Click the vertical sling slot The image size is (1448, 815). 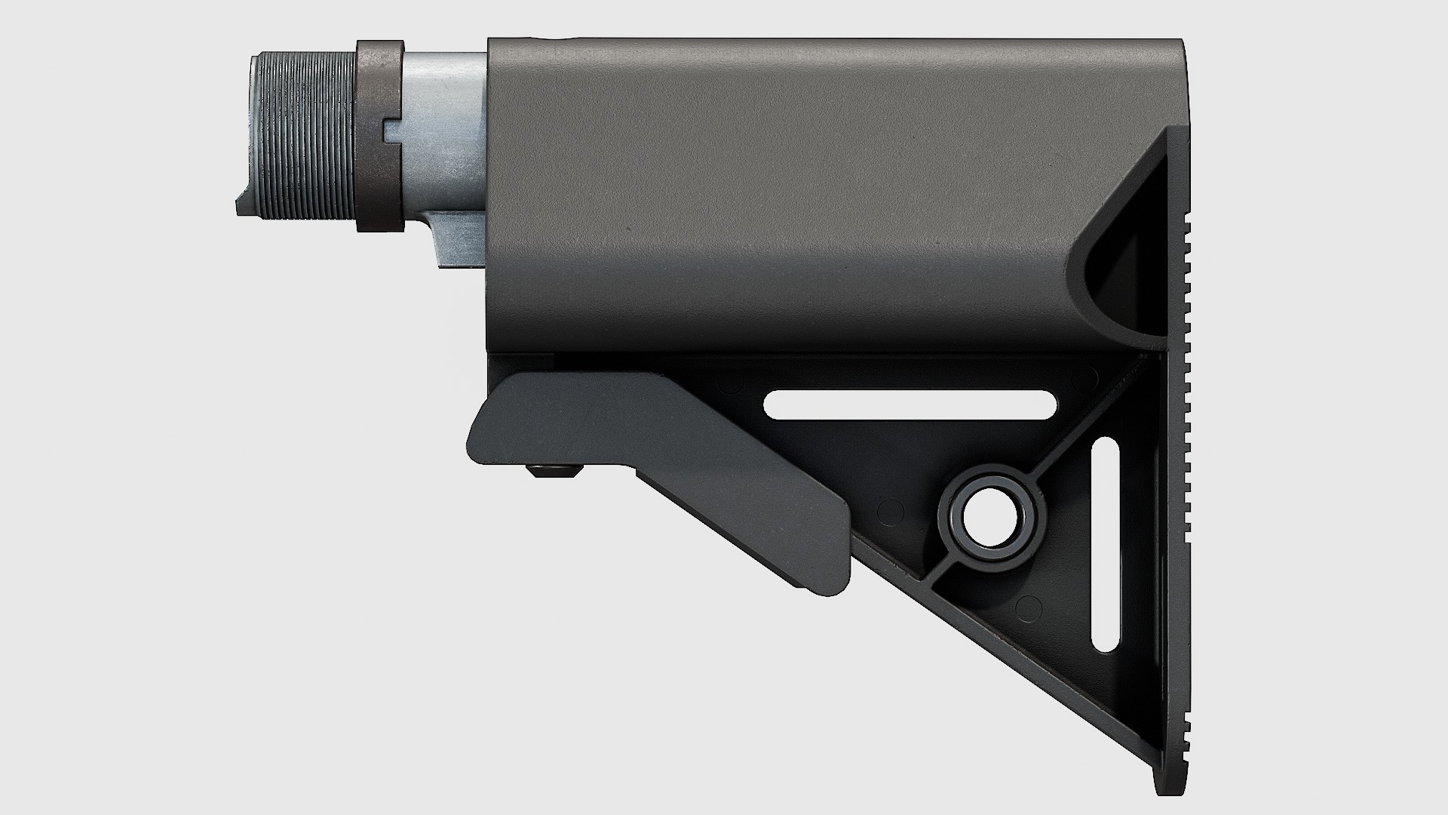coord(1105,543)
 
